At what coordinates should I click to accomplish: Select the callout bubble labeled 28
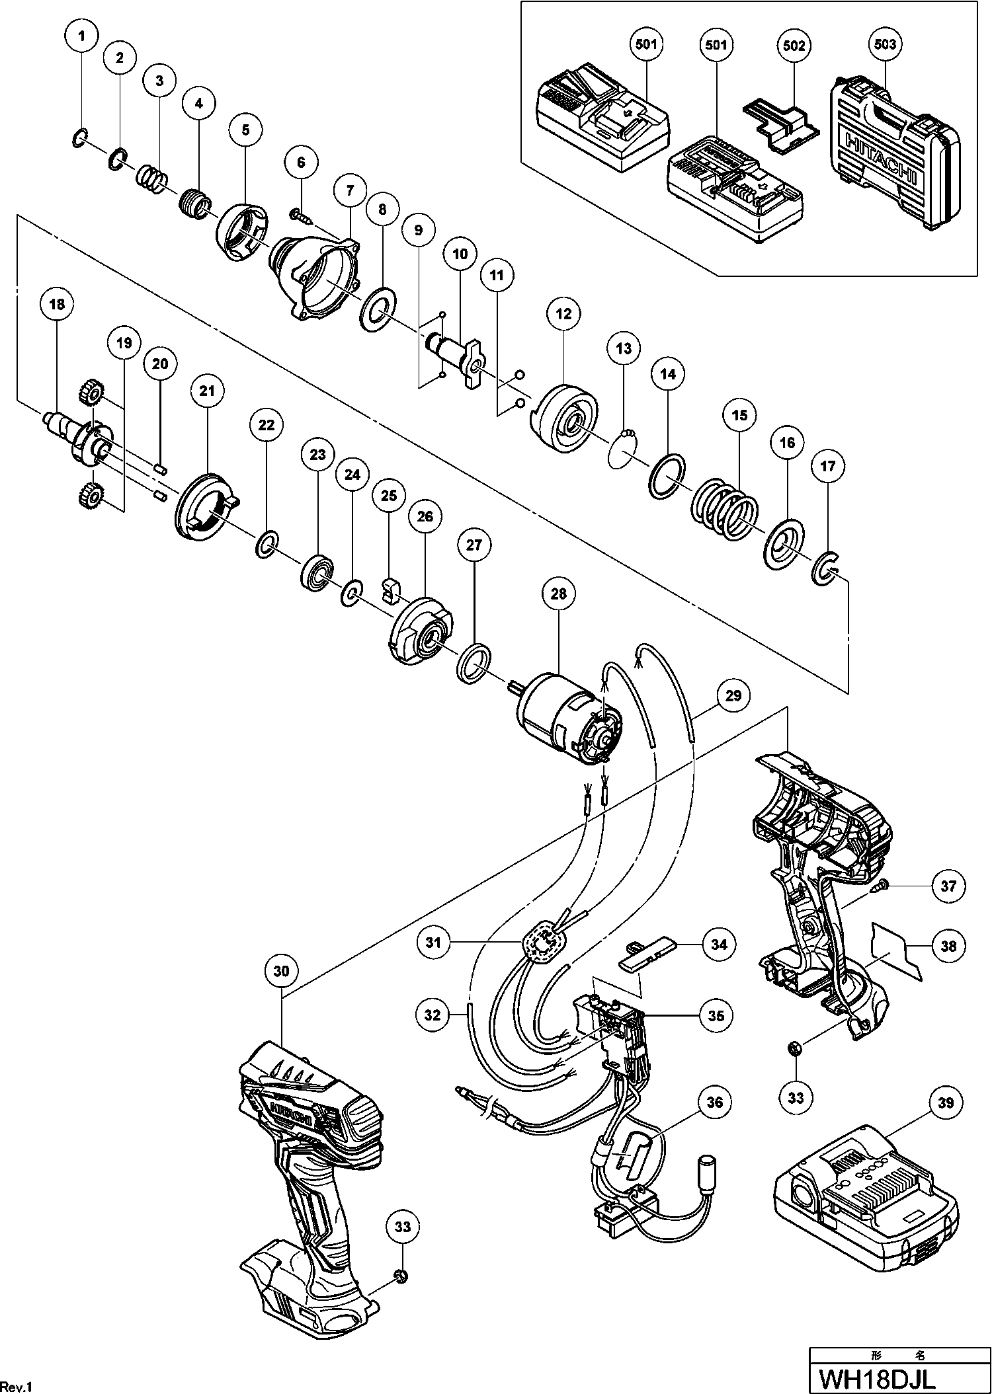click(559, 594)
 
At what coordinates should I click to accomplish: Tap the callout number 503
click(885, 45)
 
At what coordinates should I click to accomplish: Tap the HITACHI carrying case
click(893, 159)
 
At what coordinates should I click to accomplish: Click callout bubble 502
click(794, 45)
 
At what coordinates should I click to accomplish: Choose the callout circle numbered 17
click(828, 467)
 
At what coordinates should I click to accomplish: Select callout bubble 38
click(948, 946)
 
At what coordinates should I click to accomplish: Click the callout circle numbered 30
click(281, 971)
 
